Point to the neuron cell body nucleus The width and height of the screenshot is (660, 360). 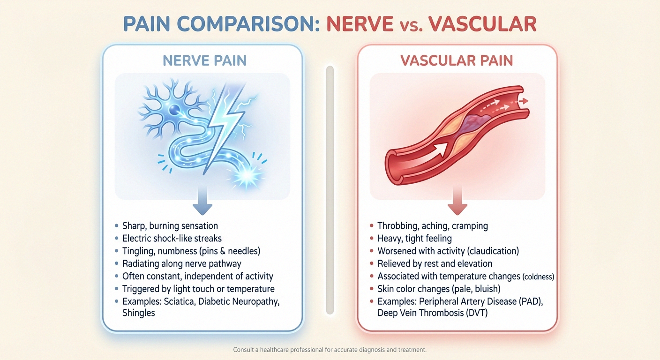pos(173,110)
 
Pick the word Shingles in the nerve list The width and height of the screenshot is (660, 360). pos(138,313)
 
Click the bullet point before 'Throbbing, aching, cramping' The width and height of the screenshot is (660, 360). pos(371,226)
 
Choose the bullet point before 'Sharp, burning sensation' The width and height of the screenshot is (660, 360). pos(116,226)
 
